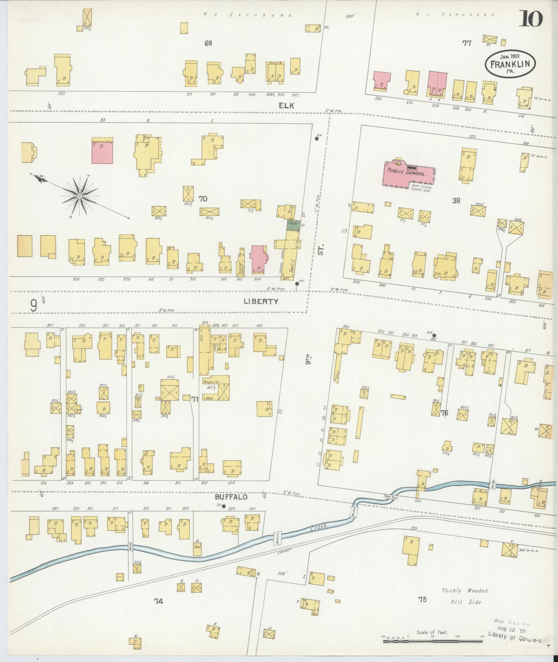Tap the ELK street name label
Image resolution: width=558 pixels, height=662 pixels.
tap(287, 106)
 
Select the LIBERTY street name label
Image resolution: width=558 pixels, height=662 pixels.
tap(261, 301)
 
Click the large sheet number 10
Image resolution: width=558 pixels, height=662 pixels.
tap(530, 19)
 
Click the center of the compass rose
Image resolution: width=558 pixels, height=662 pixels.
tap(80, 196)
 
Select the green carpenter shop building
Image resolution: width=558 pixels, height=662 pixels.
tap(293, 225)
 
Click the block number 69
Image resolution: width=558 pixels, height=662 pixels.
tap(208, 43)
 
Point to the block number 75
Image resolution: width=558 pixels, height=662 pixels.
tap(422, 600)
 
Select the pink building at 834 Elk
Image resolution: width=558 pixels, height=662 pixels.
tap(382, 81)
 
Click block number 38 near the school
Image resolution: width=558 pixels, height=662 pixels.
tap(456, 200)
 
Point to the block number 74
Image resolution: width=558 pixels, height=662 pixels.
tap(158, 601)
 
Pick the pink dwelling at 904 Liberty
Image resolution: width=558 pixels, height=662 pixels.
tap(258, 258)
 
